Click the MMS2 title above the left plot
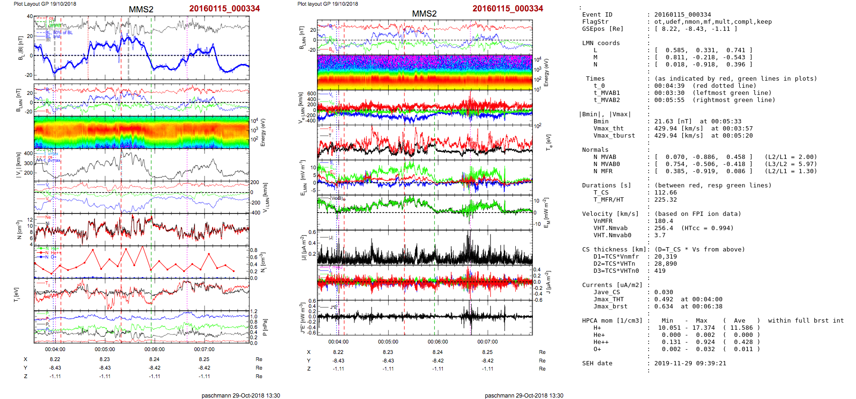click(x=141, y=9)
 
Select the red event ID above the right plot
click(x=508, y=9)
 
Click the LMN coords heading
click(x=601, y=43)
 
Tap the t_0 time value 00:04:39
click(x=670, y=86)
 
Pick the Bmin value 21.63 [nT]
click(x=673, y=121)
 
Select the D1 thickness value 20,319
click(x=666, y=257)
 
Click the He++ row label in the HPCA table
click(x=601, y=342)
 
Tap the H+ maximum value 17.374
click(x=703, y=328)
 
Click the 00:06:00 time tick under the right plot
click(x=437, y=342)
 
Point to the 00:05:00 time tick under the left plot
click(x=104, y=349)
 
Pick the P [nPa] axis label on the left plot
click(x=265, y=327)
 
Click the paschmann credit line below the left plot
click(x=241, y=395)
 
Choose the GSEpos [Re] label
click(x=603, y=29)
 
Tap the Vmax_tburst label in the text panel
click(x=614, y=136)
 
